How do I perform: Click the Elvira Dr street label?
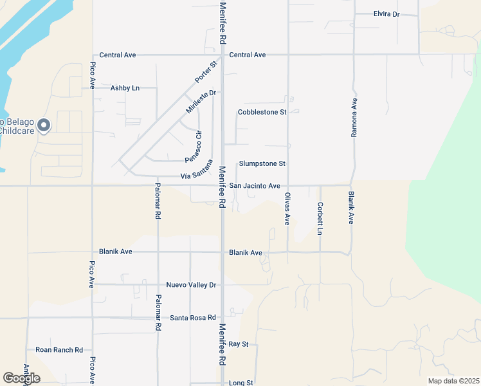386,14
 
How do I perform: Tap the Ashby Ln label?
125,87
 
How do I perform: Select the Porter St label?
205,72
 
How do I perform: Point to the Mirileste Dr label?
199,102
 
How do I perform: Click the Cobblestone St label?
262,112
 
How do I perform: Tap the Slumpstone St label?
262,164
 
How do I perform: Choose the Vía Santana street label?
196,170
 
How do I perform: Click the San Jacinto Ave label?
255,186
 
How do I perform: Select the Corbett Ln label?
320,219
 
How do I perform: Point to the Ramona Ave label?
354,118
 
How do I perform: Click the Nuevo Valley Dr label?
191,284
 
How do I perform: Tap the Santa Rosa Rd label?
193,318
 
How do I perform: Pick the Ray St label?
238,345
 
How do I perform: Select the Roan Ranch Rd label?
59,350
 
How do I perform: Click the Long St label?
240,383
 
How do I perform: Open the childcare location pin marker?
43,125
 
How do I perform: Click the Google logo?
21,378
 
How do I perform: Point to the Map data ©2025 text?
453,381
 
